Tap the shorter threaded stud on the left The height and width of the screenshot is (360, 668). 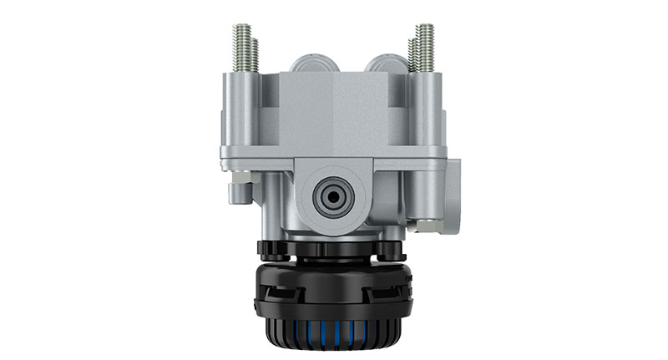tap(255, 55)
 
